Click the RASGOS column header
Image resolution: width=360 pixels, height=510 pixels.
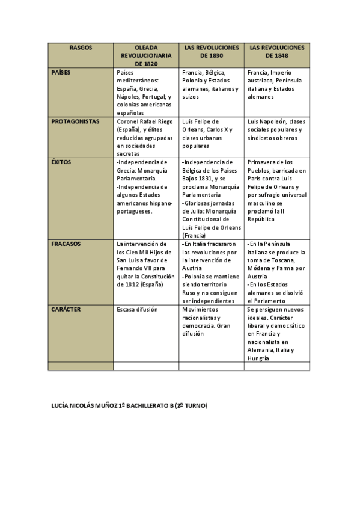[81, 47]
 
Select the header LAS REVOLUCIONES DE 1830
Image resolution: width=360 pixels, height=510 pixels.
[211, 51]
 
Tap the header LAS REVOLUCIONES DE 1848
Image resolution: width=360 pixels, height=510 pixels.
[276, 51]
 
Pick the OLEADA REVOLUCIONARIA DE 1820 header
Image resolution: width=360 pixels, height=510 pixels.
[146, 55]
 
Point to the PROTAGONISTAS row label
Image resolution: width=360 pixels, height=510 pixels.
[75, 121]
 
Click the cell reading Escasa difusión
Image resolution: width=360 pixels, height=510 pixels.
[138, 309]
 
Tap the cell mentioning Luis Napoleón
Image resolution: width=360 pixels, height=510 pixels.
[276, 129]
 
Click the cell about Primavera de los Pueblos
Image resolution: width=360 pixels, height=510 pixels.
[276, 191]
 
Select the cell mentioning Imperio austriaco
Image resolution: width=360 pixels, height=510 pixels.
[276, 84]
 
